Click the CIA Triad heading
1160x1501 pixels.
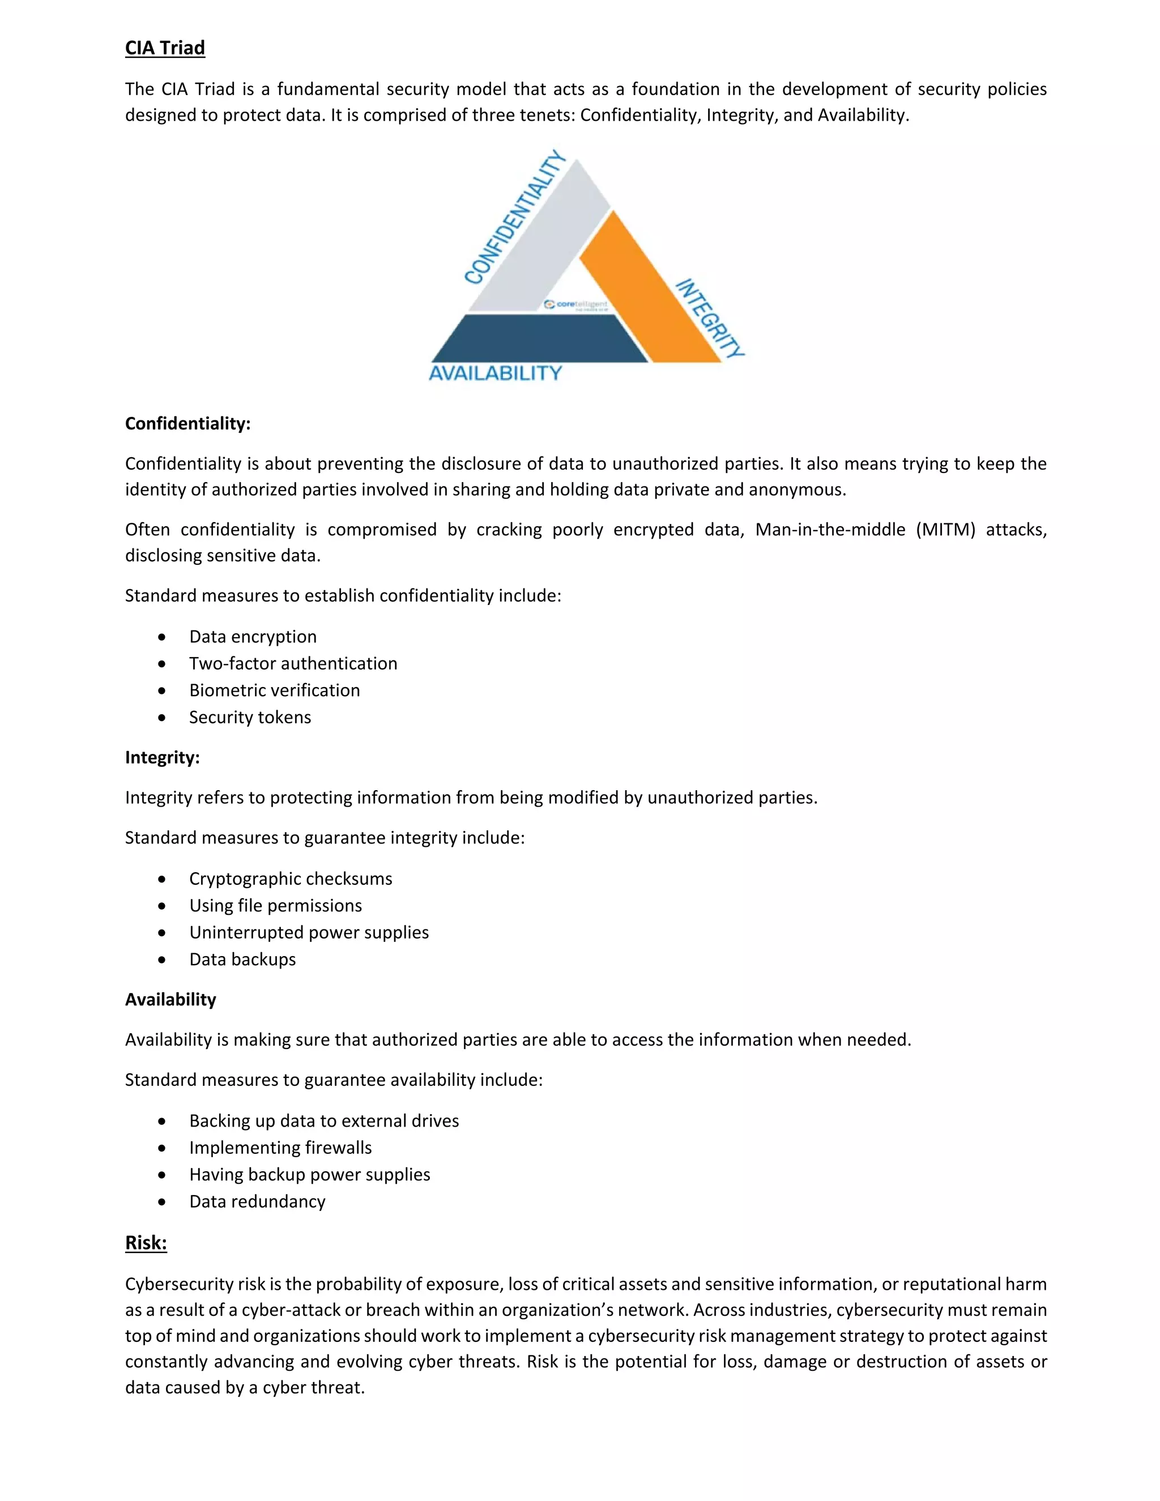point(165,48)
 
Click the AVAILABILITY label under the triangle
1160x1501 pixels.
point(496,373)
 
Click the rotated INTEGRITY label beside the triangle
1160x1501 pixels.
point(709,319)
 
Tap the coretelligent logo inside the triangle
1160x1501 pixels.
point(575,305)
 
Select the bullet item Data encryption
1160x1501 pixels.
point(253,637)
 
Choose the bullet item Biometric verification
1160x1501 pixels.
point(274,690)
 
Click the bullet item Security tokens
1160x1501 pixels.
point(250,717)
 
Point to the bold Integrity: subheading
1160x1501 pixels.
point(162,757)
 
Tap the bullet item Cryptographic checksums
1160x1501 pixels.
point(291,879)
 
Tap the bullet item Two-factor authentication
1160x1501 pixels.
point(293,663)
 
